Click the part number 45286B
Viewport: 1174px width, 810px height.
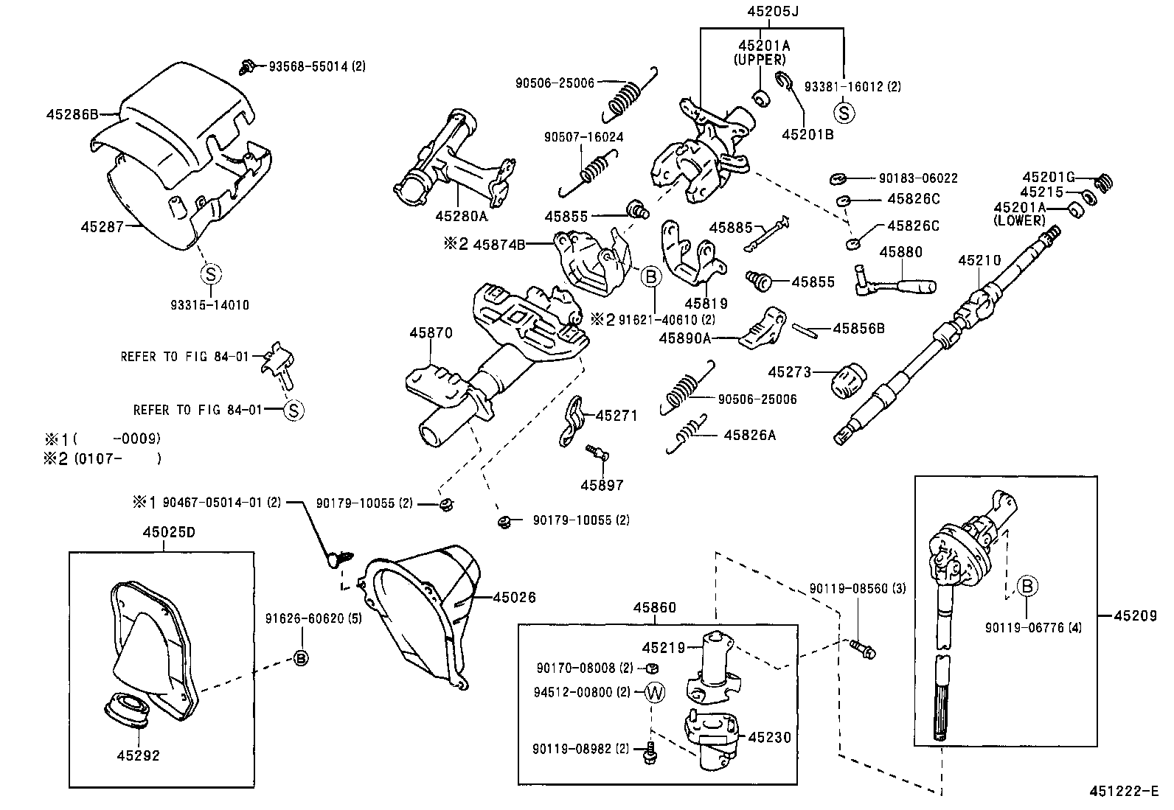72,114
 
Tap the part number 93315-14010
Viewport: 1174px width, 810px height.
209,305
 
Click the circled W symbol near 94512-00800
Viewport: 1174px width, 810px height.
655,692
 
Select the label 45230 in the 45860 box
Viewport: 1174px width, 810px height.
769,737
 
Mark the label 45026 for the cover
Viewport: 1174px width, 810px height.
514,598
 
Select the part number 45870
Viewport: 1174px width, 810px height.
431,333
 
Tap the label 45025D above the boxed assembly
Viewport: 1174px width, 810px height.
169,532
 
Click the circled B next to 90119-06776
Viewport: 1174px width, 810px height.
1027,586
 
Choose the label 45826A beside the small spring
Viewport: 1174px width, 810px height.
749,436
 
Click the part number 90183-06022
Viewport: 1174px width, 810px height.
918,178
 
